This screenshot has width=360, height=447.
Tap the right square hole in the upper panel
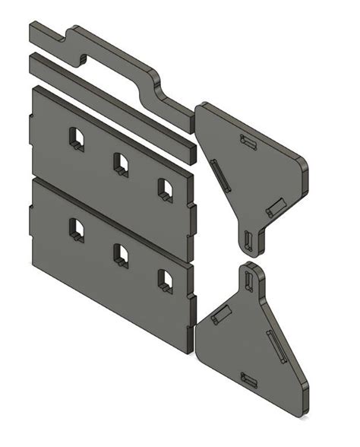pyautogui.click(x=164, y=188)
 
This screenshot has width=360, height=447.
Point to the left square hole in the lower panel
pyautogui.click(x=76, y=229)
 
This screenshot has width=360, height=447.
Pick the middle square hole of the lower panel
pyautogui.click(x=120, y=254)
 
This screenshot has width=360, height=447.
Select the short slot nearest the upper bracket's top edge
pyautogui.click(x=247, y=141)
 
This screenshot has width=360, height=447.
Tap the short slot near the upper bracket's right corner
pyautogui.click(x=275, y=206)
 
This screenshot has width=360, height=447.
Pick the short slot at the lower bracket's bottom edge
pyautogui.click(x=248, y=378)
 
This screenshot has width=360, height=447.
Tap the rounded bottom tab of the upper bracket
pyautogui.click(x=251, y=239)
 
